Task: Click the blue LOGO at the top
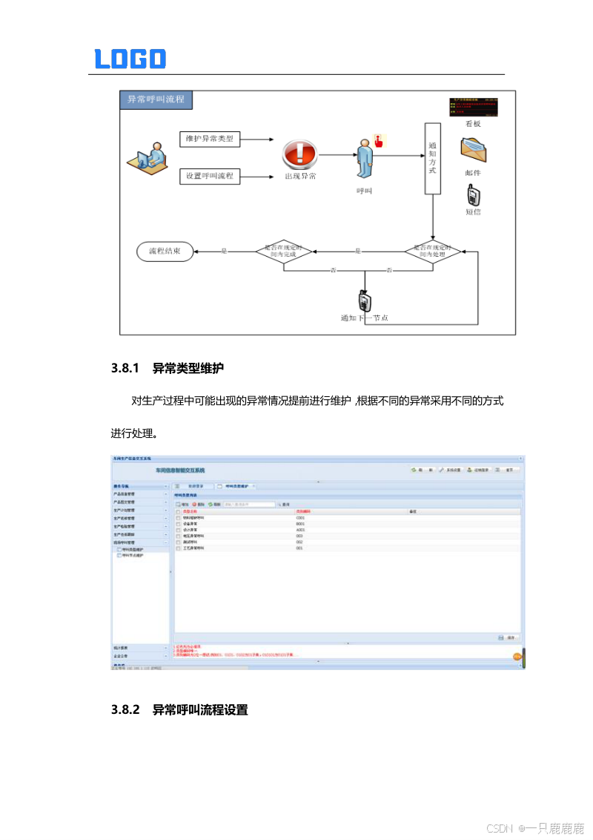pos(130,59)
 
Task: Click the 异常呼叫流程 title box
pos(156,99)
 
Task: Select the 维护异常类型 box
pos(211,138)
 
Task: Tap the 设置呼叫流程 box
pos(211,176)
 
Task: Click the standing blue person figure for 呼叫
pos(364,157)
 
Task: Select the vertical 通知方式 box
pos(432,158)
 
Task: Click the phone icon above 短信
pos(473,195)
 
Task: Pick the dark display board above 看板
pos(473,106)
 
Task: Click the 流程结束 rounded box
pos(166,251)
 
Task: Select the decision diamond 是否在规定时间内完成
pos(285,251)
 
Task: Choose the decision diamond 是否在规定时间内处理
pos(433,251)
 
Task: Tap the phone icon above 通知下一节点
pos(364,301)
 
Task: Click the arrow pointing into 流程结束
pos(204,251)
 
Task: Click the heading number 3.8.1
pos(125,367)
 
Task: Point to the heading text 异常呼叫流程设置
pos(200,710)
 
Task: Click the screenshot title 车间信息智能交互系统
pos(180,470)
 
